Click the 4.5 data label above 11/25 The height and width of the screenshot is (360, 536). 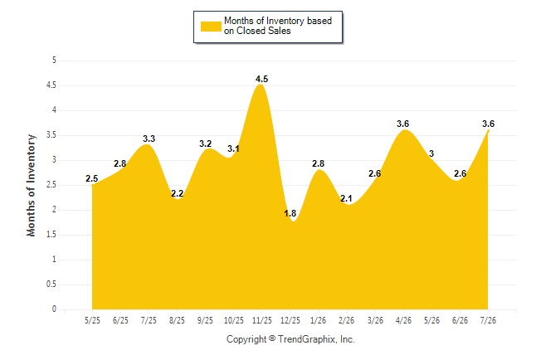(262, 79)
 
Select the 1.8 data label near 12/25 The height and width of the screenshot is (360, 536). (290, 213)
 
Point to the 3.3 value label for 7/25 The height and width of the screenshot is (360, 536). (149, 139)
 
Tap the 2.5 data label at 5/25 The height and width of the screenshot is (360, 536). (91, 178)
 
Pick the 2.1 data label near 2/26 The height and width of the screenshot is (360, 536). (346, 198)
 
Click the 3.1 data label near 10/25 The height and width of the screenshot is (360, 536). (233, 148)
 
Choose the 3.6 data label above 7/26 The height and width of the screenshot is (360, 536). (488, 124)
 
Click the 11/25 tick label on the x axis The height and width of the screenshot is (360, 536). (262, 320)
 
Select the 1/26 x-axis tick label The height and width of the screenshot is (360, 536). (319, 320)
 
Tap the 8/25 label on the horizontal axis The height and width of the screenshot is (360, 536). (177, 320)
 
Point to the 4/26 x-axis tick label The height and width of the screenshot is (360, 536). (403, 320)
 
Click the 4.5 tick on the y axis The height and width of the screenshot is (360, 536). (51, 85)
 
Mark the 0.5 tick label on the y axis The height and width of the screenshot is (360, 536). (51, 285)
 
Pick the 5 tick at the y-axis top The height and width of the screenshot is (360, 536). (54, 61)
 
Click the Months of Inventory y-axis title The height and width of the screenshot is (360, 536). (31, 185)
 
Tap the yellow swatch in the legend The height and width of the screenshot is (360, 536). (211, 27)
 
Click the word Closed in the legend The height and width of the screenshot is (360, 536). (251, 31)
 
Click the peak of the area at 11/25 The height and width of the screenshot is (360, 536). (261, 84)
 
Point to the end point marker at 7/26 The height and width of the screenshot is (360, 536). (488, 130)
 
